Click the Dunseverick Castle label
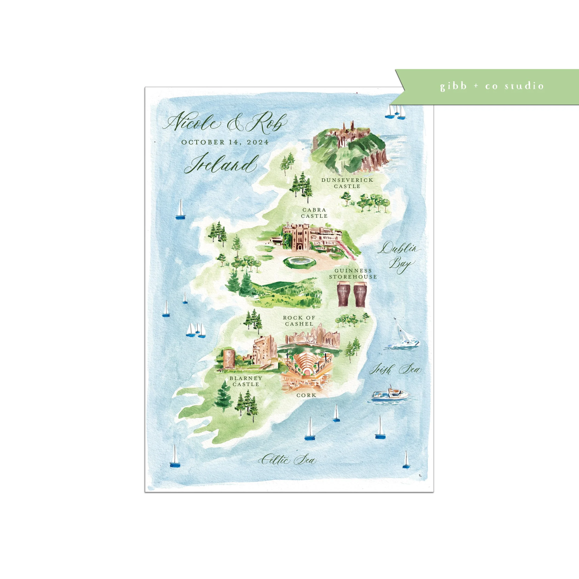(x=347, y=183)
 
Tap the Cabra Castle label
(x=314, y=213)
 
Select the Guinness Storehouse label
(x=353, y=274)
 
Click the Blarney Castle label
(x=246, y=381)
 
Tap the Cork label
(x=306, y=395)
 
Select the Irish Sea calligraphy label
(x=395, y=370)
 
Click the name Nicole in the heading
(x=192, y=123)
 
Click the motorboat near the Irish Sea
(x=390, y=395)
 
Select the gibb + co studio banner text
(x=491, y=86)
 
